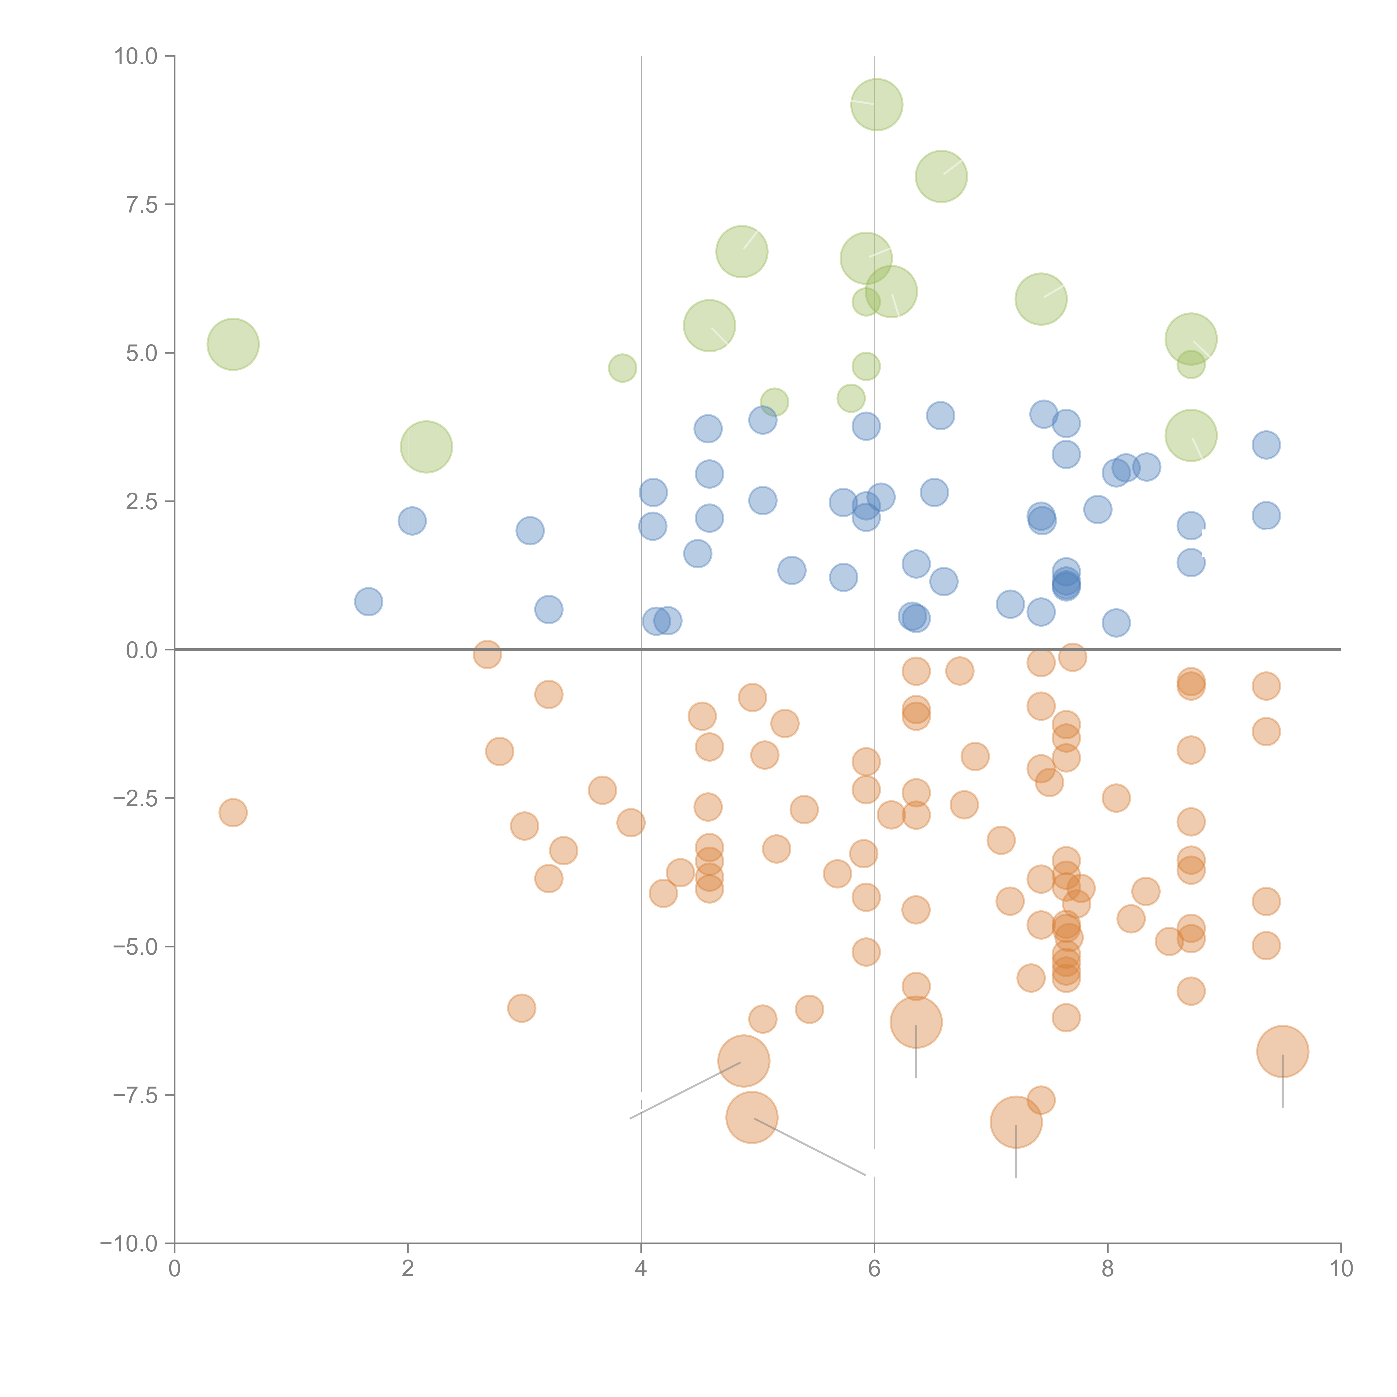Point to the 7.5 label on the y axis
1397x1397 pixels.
(x=142, y=205)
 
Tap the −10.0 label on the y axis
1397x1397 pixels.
(x=129, y=1244)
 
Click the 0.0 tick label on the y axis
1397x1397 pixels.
(x=142, y=650)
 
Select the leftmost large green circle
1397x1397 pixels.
(x=233, y=344)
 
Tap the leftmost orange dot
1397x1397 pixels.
(x=233, y=813)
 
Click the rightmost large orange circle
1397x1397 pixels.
(x=1283, y=1051)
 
